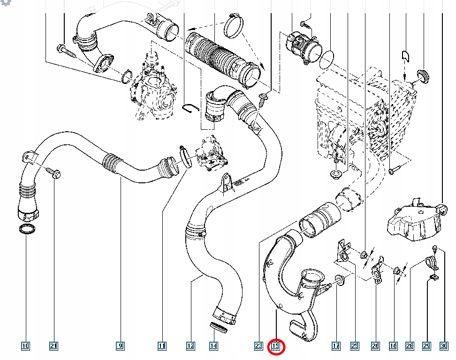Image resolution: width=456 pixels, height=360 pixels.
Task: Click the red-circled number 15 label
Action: pos(276,346)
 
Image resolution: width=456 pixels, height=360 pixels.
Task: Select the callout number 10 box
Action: pos(25,346)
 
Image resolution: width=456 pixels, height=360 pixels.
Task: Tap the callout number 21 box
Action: pos(53,346)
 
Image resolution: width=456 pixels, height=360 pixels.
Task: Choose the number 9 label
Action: pos(121,346)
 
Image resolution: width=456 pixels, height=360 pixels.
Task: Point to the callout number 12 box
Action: pos(190,346)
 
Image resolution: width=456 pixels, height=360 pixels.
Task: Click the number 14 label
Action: pos(213,346)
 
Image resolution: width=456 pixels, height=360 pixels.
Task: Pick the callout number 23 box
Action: pos(258,346)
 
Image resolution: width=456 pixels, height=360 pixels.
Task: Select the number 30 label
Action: pos(444,346)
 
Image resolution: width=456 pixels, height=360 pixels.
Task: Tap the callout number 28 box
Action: pos(410,346)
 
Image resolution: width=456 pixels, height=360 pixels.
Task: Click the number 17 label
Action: pos(336,346)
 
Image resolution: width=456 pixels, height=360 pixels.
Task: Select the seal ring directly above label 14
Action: pos(219,327)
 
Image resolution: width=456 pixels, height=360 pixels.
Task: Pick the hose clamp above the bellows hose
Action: pos(233,25)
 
